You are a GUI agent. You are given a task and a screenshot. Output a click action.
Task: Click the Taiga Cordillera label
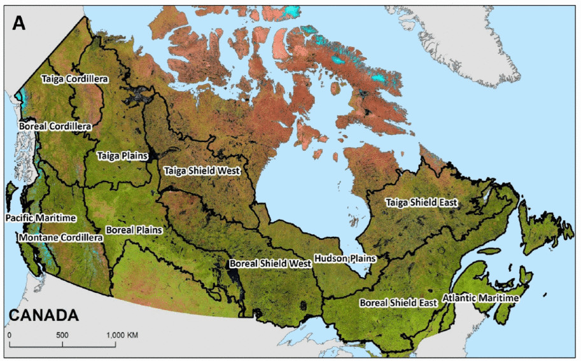click(74, 79)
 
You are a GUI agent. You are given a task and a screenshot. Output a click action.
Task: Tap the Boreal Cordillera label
click(55, 126)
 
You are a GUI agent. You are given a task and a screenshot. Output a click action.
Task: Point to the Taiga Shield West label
click(201, 171)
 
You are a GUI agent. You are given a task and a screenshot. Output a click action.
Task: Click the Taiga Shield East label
click(421, 202)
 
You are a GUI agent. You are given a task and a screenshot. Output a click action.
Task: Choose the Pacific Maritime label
click(41, 218)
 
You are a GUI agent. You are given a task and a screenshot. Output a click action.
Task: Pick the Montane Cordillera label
click(60, 237)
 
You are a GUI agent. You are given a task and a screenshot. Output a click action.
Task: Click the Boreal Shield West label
click(270, 263)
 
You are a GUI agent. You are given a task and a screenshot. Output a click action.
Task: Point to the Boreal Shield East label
click(398, 303)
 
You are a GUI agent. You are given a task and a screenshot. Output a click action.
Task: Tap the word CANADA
click(44, 315)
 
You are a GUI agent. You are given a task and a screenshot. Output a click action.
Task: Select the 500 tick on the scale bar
click(62, 335)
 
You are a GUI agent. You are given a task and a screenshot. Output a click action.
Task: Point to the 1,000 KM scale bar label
click(122, 335)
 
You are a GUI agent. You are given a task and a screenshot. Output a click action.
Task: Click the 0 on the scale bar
click(9, 335)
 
